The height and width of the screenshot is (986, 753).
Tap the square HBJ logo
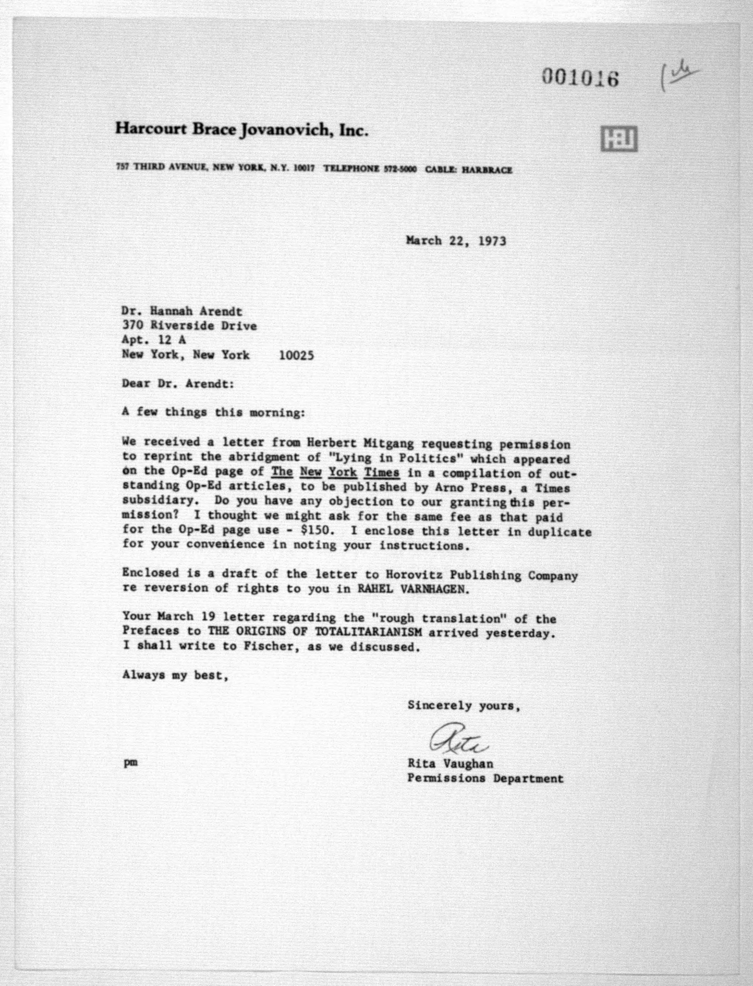(618, 139)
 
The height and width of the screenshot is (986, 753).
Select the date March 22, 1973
(456, 241)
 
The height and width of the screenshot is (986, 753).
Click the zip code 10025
(296, 356)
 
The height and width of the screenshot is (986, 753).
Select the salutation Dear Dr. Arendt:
(178, 384)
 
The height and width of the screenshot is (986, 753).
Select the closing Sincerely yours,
(464, 706)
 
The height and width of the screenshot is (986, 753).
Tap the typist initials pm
(130, 763)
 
